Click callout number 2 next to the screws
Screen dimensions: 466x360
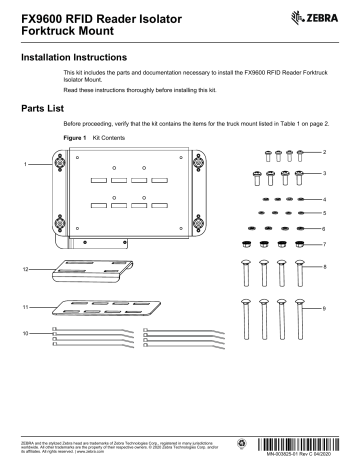click(326, 151)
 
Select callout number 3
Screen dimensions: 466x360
click(326, 173)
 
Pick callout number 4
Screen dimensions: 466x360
click(326, 200)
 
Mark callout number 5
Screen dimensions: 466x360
click(326, 213)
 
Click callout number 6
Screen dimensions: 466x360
click(326, 228)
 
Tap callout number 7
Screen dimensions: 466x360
click(326, 244)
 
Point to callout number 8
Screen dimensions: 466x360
click(326, 267)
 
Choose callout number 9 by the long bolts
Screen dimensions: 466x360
click(326, 309)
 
